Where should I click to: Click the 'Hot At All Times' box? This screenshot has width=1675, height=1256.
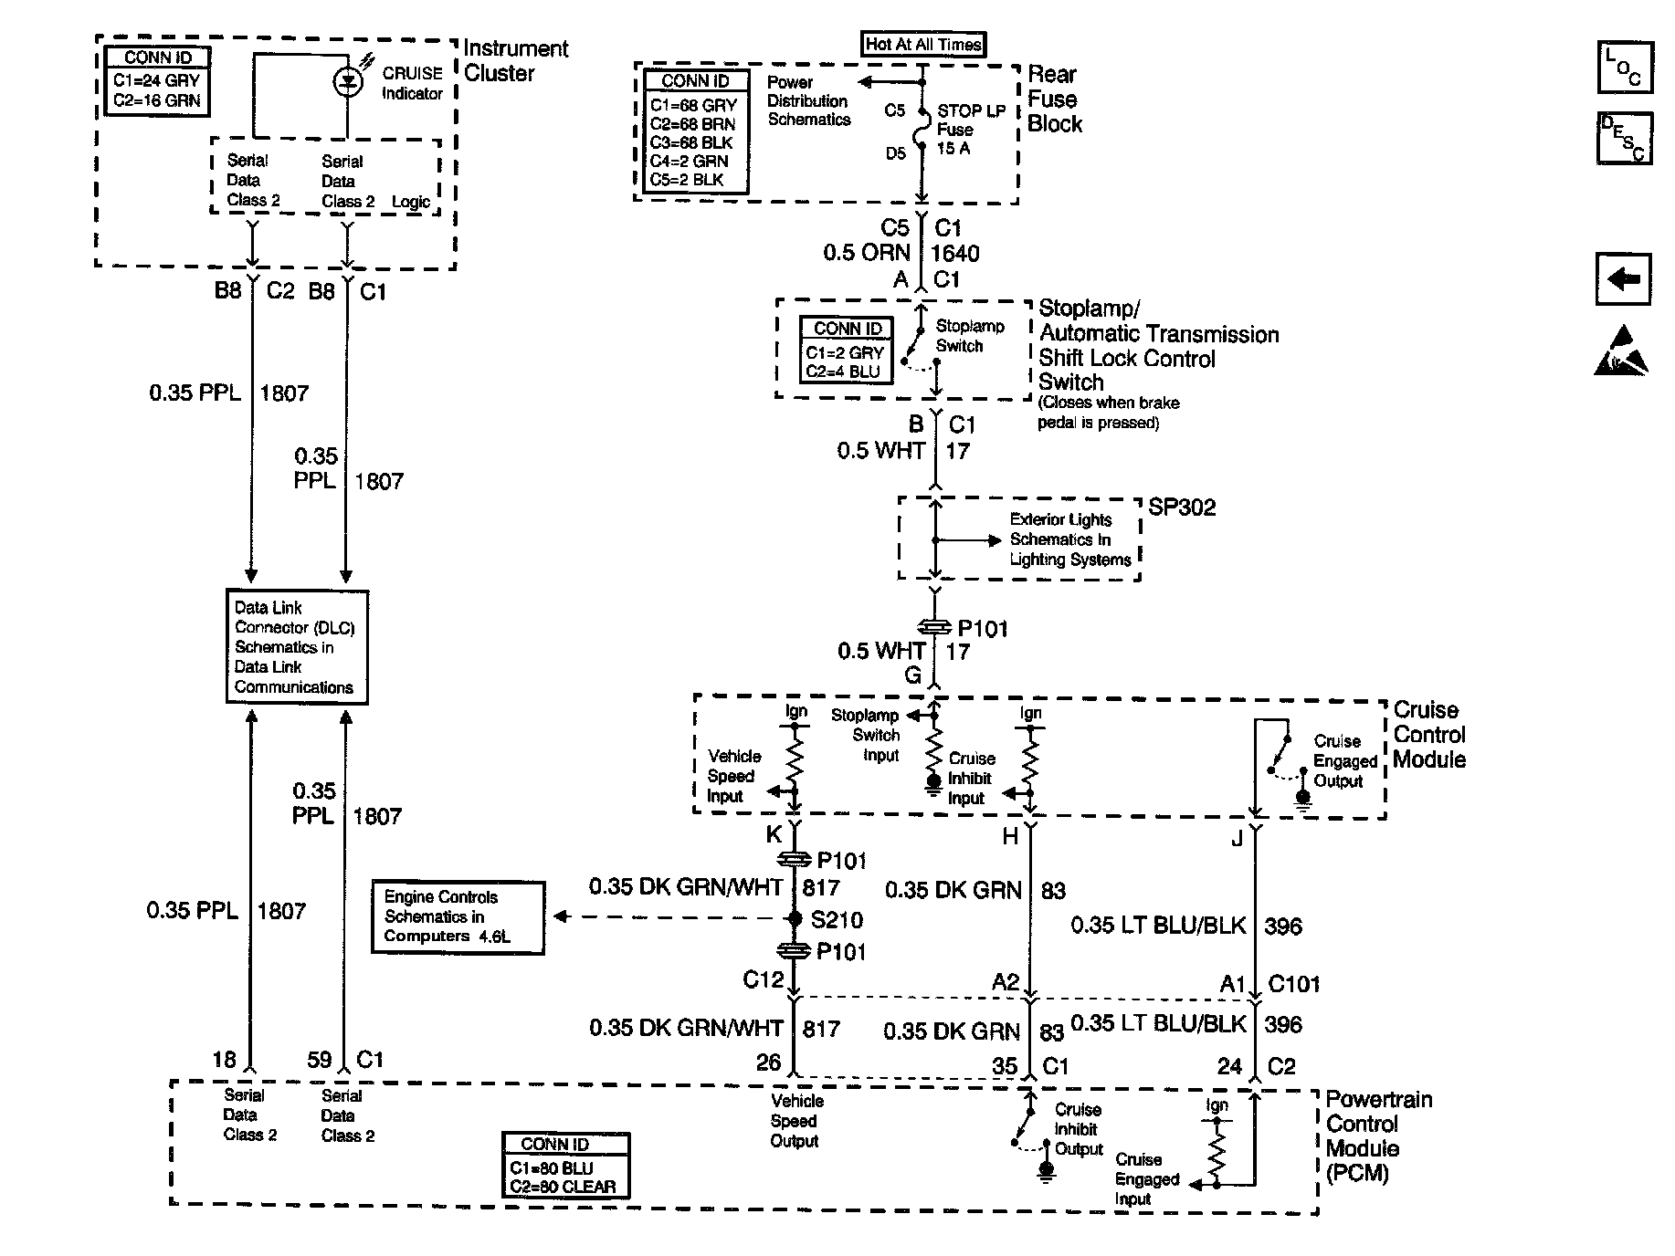tap(923, 44)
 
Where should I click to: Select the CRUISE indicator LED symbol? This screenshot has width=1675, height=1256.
tap(348, 83)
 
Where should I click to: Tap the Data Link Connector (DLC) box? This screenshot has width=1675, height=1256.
tap(296, 647)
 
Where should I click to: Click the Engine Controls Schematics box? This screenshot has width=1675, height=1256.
tap(458, 917)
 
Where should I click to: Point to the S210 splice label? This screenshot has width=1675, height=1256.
tap(837, 920)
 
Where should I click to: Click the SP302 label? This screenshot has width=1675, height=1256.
tap(1182, 508)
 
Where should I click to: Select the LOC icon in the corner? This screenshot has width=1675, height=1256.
tap(1624, 68)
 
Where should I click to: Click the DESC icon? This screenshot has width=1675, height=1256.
tap(1624, 139)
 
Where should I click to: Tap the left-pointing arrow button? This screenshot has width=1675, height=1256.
tap(1623, 278)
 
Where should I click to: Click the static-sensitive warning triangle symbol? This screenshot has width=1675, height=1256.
tap(1622, 352)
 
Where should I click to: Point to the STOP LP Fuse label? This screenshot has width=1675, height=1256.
tap(971, 130)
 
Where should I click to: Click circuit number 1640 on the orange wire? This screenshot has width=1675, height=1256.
tap(954, 254)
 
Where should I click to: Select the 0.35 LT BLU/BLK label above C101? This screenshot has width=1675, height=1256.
tap(1158, 926)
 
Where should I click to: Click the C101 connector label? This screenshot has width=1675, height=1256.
tap(1294, 984)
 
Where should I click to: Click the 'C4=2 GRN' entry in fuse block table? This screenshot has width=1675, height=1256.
tap(690, 162)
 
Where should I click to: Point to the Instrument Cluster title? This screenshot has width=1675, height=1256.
tap(515, 61)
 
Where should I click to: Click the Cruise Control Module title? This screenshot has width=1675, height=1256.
tap(1429, 735)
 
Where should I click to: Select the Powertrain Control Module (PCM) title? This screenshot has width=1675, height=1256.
tap(1378, 1136)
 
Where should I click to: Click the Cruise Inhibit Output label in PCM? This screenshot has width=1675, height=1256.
tap(1079, 1129)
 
